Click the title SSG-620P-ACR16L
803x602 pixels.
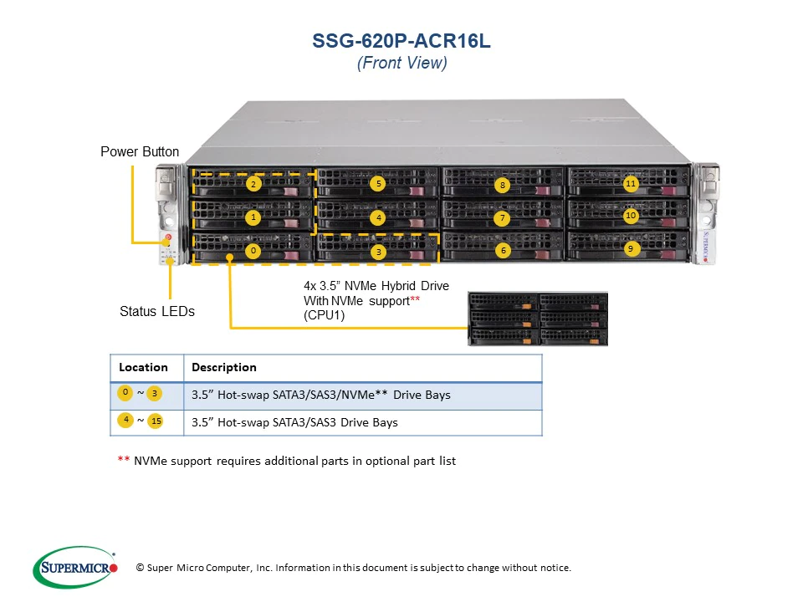[x=401, y=41]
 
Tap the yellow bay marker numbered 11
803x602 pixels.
[x=631, y=182]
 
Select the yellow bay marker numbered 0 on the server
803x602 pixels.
[x=253, y=250]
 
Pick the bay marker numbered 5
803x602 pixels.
[x=378, y=183]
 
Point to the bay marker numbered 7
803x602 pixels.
[x=502, y=219]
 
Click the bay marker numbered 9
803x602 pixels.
[x=631, y=248]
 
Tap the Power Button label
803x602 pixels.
[x=140, y=152]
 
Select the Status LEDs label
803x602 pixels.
[x=157, y=311]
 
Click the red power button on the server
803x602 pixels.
[x=168, y=237]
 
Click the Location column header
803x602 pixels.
[x=143, y=368]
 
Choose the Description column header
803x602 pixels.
[x=224, y=368]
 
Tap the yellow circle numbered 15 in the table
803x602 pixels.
[x=156, y=421]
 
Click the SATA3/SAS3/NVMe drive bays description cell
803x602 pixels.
[x=321, y=395]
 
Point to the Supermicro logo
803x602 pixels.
[x=75, y=567]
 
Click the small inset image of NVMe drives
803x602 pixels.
[x=538, y=319]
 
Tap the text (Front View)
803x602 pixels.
[x=401, y=64]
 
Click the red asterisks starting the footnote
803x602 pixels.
[x=123, y=461]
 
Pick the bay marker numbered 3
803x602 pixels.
[x=378, y=251]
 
